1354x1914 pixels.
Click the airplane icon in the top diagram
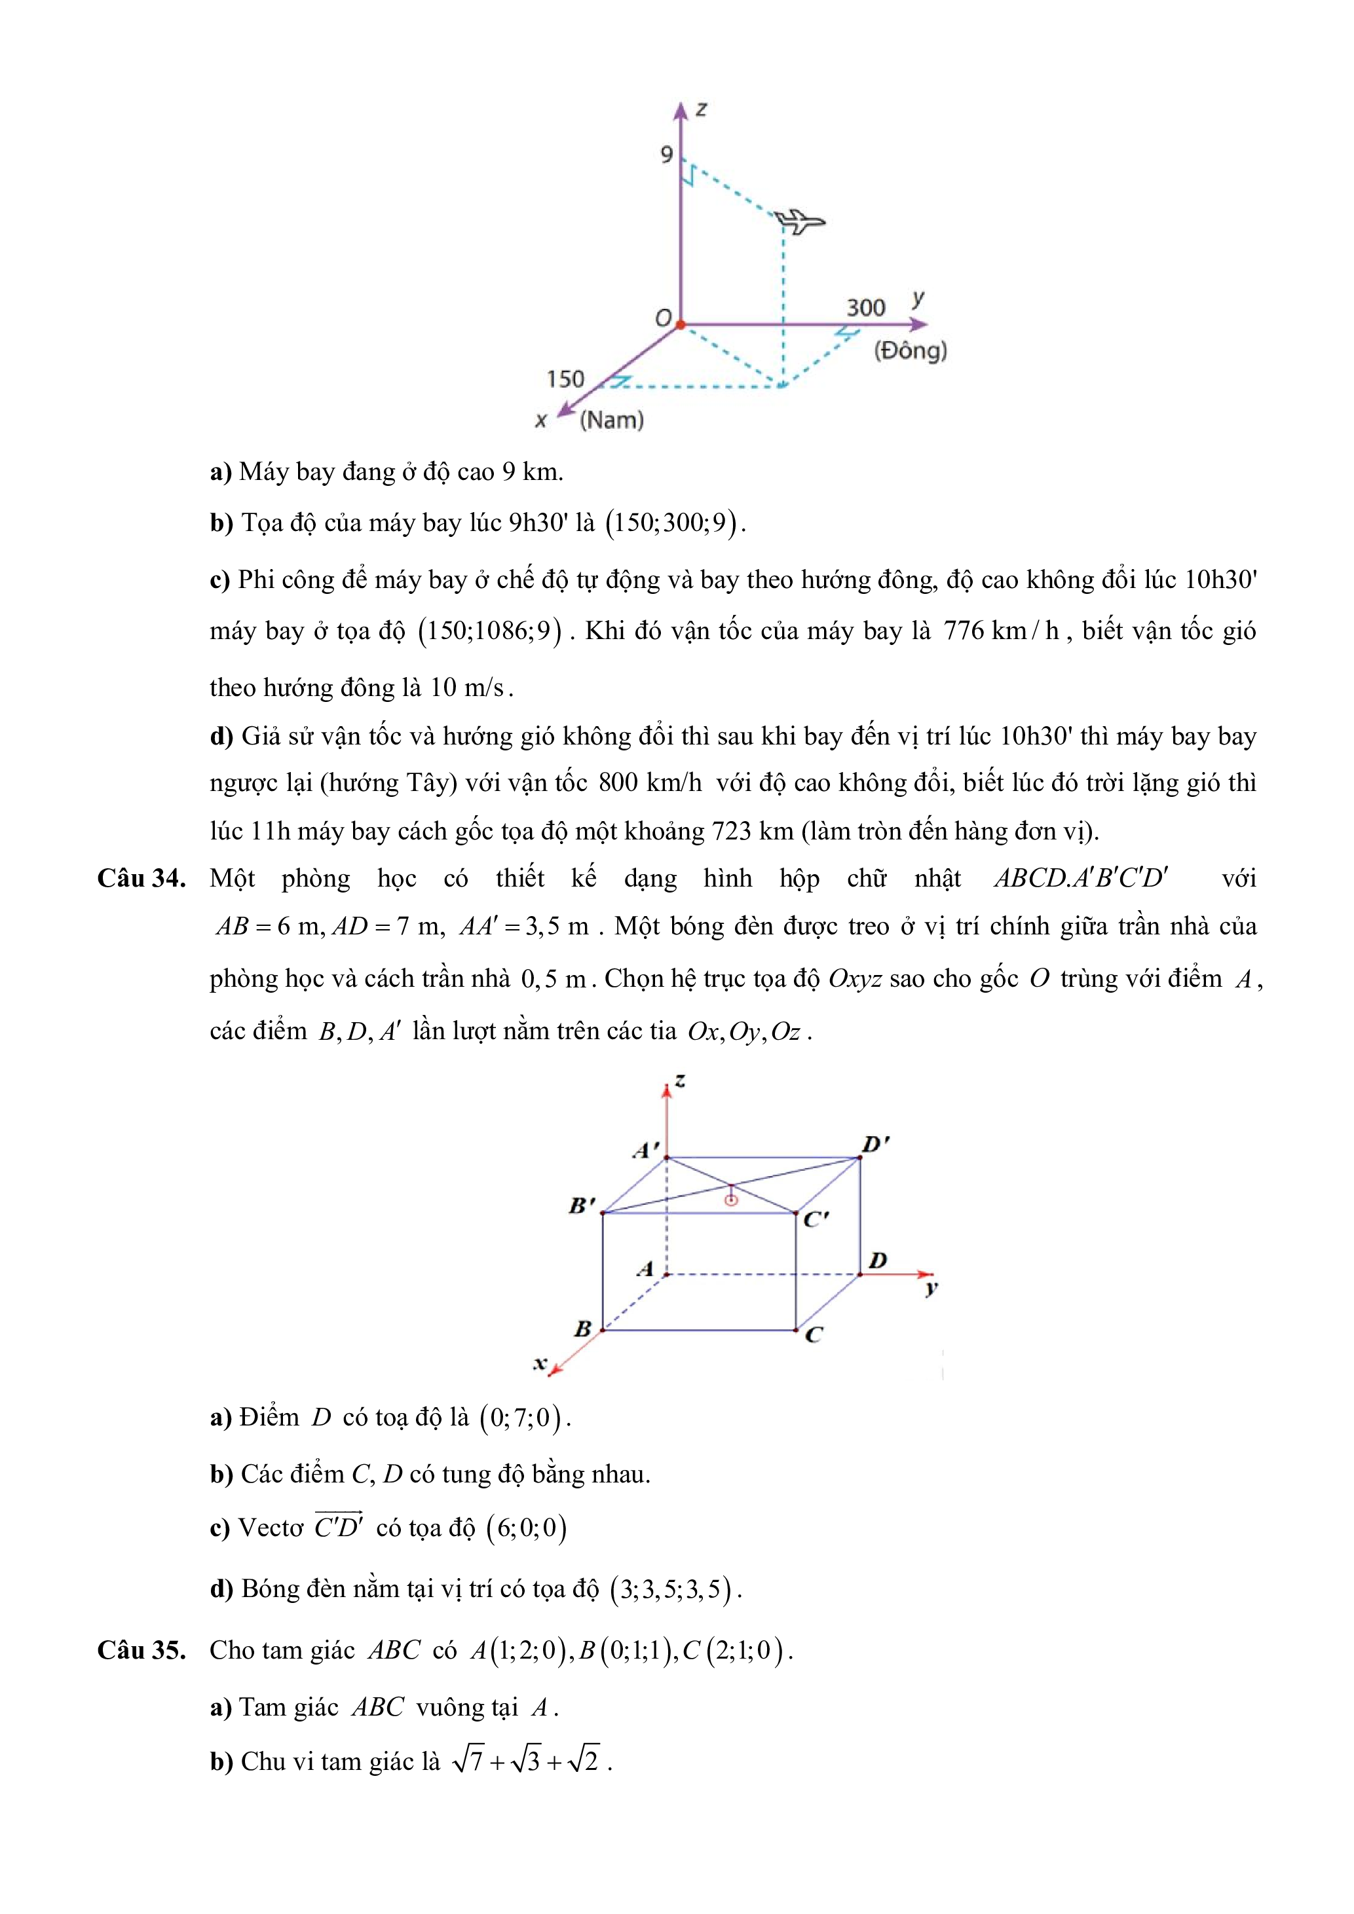coord(800,222)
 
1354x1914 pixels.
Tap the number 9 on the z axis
coord(666,155)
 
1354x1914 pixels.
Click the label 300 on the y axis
coord(865,308)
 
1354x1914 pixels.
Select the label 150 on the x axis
coord(565,379)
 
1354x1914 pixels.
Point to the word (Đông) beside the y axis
coord(911,350)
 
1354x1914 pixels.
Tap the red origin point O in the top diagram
coord(681,324)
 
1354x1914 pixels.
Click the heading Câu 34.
coord(141,879)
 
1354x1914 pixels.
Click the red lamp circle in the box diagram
coord(731,1200)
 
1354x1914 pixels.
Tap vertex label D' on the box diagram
coord(875,1145)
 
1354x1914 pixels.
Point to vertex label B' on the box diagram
coord(582,1205)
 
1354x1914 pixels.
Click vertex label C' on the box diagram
coord(816,1219)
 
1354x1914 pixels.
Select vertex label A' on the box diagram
coord(645,1151)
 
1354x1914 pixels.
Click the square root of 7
coord(468,1761)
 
